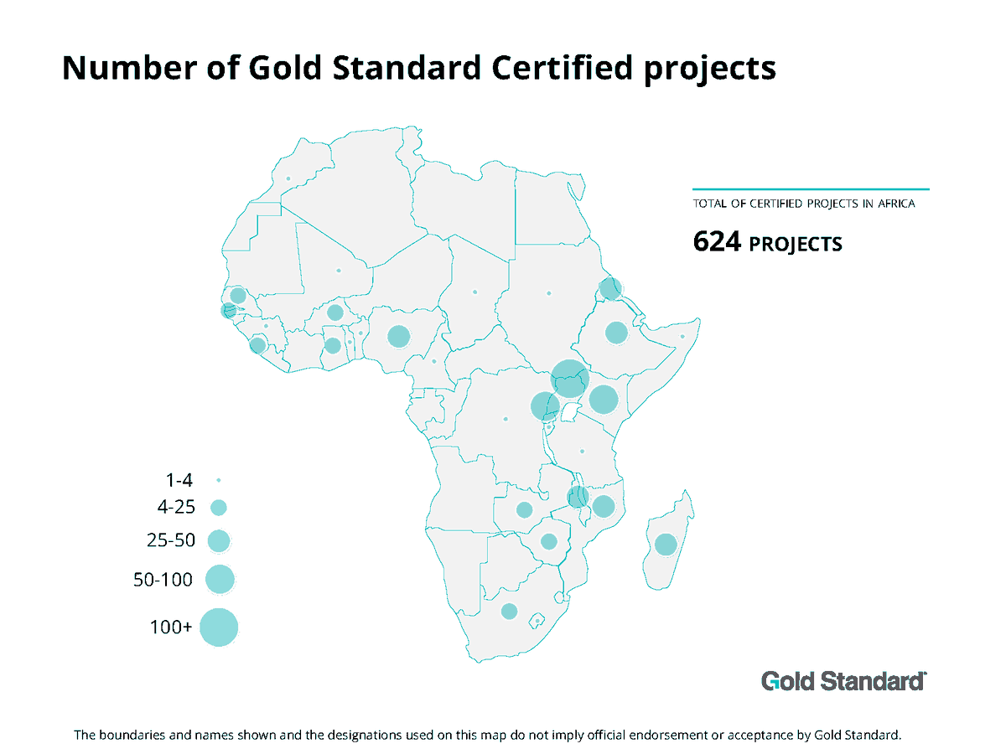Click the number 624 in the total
717,243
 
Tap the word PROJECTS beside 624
795,245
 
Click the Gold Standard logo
843,680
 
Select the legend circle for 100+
220,627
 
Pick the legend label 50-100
163,579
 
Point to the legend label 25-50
171,540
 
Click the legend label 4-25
175,507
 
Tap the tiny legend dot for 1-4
218,480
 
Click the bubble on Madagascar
666,545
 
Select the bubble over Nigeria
398,337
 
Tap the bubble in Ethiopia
616,333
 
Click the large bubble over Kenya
604,400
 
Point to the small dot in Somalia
682,337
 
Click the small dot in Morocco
288,178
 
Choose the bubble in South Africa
509,612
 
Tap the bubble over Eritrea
611,289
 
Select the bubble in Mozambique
604,506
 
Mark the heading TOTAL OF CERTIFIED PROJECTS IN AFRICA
809,204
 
